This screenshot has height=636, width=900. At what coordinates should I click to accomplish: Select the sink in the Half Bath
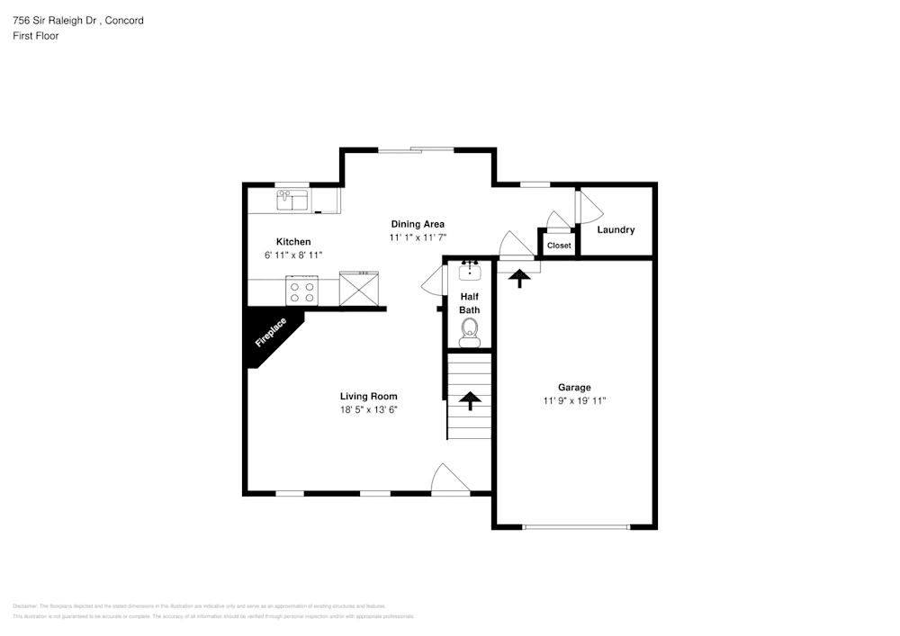click(469, 269)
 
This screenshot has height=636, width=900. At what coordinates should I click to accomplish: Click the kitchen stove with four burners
click(301, 291)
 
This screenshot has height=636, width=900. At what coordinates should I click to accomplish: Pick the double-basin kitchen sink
click(292, 200)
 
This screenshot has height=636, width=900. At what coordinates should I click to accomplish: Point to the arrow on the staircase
click(469, 400)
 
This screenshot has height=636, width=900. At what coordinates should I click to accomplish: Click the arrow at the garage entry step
click(518, 278)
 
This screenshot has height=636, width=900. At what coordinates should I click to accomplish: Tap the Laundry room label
click(616, 229)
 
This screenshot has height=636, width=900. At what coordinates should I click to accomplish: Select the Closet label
click(559, 246)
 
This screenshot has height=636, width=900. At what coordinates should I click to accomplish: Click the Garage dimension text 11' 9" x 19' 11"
click(574, 401)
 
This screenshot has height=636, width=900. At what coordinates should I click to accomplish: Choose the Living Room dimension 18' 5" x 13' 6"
click(368, 409)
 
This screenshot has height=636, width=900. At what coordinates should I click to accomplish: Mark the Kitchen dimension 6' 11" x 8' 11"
click(293, 255)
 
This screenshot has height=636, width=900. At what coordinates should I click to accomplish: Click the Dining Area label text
click(417, 224)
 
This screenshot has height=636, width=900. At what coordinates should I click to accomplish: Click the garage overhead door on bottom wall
click(576, 526)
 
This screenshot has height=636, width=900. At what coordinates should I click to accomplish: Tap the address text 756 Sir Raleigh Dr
click(55, 20)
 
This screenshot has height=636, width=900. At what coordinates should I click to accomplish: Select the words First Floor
click(35, 36)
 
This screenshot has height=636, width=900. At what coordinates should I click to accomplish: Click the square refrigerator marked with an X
click(359, 290)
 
